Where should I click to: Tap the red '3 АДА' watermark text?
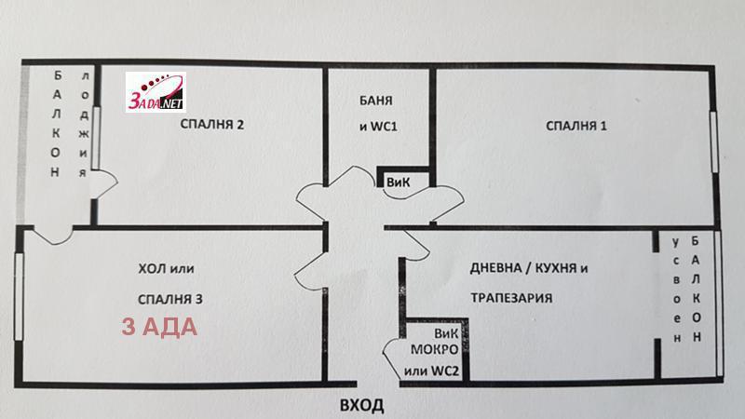click(158, 329)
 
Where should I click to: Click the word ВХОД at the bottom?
click(361, 406)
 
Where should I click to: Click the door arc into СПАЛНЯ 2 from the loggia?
click(103, 181)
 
